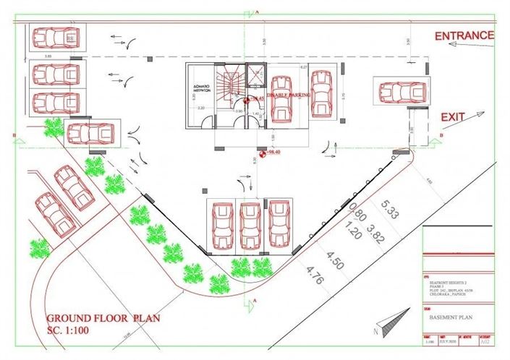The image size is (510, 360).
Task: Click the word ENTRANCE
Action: (x=464, y=35)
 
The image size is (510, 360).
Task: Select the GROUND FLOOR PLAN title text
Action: (x=104, y=319)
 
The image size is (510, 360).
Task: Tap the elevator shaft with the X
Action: (x=255, y=72)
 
